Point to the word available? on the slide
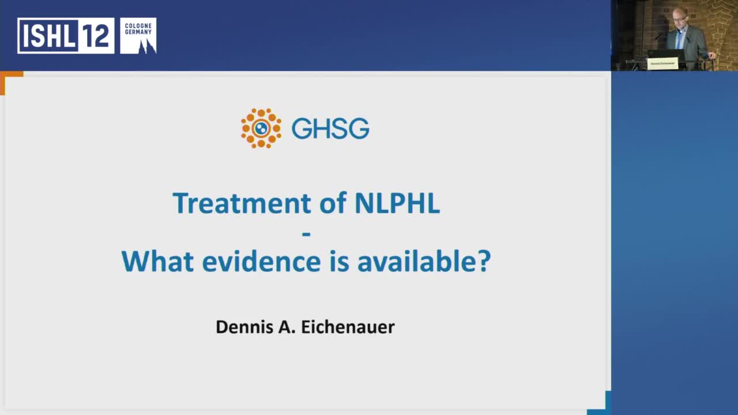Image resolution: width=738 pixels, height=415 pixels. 424,261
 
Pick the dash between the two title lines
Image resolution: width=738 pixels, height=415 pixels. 306,233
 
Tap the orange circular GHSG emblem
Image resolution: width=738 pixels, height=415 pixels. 261,128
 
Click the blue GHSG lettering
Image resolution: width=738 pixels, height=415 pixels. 330,129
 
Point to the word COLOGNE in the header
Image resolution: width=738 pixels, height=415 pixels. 138,25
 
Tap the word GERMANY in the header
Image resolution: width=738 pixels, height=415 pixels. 138,32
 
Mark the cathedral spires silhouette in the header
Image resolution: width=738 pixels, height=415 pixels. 146,45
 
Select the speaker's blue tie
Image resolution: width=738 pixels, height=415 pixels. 680,39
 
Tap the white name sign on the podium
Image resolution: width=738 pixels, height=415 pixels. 662,63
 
